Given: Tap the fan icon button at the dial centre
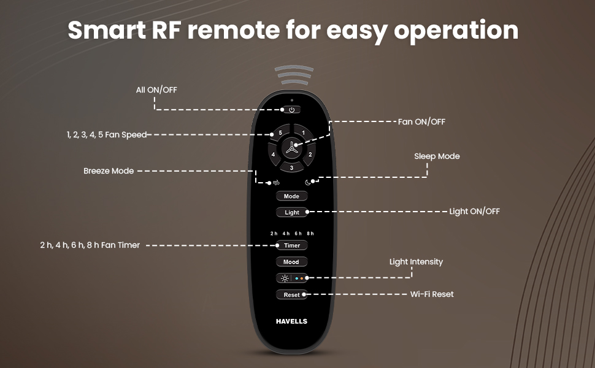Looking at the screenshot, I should coord(291,148).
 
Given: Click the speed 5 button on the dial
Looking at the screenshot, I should coord(279,132).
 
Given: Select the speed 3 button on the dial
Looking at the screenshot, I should coord(291,167).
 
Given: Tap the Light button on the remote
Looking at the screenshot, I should coord(291,212).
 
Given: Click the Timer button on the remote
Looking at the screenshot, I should coord(291,245).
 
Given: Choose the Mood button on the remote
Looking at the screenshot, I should coord(291,262).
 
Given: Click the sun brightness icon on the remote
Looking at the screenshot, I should coord(284,278).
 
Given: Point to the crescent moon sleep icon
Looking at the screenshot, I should coord(309,182).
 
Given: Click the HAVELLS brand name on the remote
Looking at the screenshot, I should coord(291,321).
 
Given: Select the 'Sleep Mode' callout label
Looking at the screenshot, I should coord(437,156).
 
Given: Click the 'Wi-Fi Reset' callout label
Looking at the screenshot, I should coord(432,294).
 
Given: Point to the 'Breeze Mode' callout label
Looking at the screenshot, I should coord(109,171).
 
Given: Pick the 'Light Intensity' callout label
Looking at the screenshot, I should coord(416,262).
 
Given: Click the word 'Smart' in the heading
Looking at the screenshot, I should coord(104,29).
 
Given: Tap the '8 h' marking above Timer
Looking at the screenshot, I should coord(310,234).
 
